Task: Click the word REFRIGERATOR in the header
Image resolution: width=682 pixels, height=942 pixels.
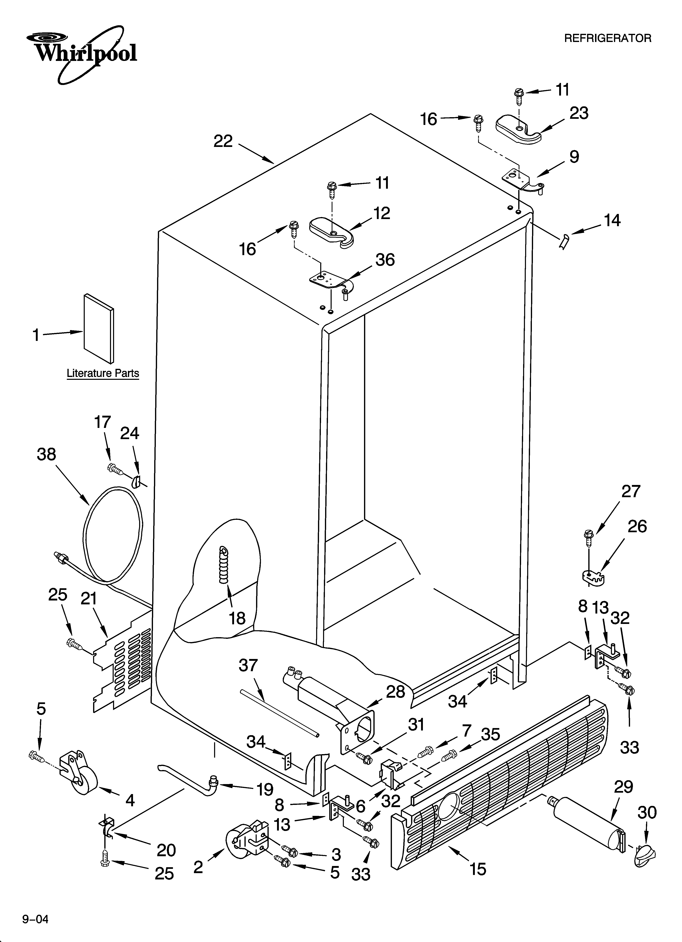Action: [607, 39]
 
